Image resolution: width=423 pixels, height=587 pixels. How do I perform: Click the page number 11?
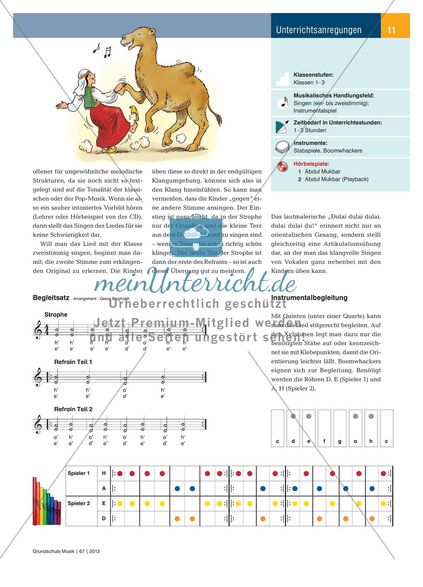coord(392,30)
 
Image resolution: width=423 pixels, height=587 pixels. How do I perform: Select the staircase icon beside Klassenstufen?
coord(283,79)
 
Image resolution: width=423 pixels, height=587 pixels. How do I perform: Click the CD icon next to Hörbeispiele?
coord(283,167)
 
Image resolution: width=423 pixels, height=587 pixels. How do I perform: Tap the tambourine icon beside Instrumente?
coord(283,147)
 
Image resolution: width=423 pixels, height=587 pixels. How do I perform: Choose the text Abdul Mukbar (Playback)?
coord(336,179)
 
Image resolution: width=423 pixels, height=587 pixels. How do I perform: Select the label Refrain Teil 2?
coord(73,409)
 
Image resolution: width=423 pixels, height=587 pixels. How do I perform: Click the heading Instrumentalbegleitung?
coord(309,298)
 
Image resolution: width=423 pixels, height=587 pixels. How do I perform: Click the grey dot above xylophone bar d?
coord(293,416)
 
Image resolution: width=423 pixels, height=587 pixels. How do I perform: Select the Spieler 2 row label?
coord(78,503)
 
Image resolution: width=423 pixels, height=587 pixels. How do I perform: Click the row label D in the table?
coord(104,518)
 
